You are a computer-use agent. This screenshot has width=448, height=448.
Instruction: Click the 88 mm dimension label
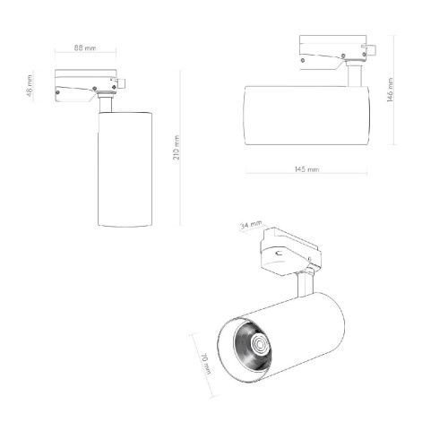pyautogui.click(x=85, y=47)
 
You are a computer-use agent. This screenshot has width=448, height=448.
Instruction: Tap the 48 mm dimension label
pyautogui.click(x=30, y=86)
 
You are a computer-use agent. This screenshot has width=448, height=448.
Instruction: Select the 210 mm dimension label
pyautogui.click(x=177, y=148)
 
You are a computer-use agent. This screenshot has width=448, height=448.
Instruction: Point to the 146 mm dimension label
pyautogui.click(x=390, y=90)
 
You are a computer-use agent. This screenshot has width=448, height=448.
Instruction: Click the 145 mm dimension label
pyautogui.click(x=306, y=169)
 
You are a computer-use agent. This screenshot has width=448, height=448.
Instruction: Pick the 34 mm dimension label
pyautogui.click(x=251, y=225)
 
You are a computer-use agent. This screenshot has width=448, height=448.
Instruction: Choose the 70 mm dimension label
pyautogui.click(x=206, y=363)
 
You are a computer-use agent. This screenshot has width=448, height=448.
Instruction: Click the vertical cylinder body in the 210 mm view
pyautogui.click(x=125, y=169)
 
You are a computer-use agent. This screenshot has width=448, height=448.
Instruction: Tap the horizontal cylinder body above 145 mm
pyautogui.click(x=306, y=116)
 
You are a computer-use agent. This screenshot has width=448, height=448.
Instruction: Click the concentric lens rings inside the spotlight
pyautogui.click(x=259, y=344)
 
